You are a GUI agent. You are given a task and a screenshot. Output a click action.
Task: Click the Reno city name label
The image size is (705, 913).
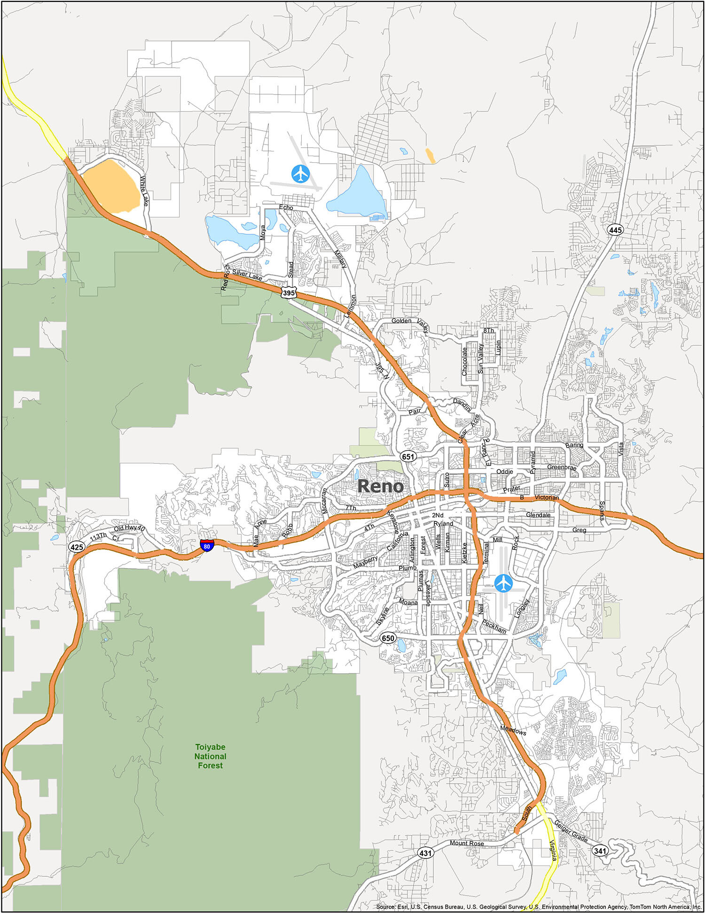point(380,486)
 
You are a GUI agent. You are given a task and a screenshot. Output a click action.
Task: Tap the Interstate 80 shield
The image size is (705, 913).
point(207,546)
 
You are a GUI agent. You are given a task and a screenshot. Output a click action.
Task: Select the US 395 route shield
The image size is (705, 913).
point(289,293)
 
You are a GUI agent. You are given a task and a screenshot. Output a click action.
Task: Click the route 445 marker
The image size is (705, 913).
point(615,230)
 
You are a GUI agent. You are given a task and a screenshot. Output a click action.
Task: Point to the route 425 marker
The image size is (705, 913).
point(77,547)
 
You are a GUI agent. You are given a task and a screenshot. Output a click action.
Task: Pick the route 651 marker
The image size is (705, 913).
point(408,456)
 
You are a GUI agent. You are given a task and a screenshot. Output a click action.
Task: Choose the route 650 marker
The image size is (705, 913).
point(388,638)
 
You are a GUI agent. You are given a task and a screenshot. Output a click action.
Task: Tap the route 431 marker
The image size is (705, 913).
point(425,853)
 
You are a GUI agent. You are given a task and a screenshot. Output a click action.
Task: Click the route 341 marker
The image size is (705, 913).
point(600,850)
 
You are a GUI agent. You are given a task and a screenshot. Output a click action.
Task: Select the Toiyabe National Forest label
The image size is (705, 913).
point(210,756)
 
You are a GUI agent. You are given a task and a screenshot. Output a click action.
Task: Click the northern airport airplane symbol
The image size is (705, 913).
point(300,174)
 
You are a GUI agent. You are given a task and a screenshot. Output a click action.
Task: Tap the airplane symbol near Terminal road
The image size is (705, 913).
point(503,583)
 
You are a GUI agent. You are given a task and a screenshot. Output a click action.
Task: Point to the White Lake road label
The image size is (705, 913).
point(144,191)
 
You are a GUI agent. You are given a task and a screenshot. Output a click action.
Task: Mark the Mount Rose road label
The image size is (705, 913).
point(467,843)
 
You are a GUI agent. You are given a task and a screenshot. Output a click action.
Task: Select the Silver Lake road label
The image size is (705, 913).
point(247,275)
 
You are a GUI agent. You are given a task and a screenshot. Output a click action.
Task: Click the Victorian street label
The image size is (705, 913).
point(547,497)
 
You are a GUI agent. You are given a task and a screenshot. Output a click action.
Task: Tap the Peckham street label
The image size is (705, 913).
point(494,627)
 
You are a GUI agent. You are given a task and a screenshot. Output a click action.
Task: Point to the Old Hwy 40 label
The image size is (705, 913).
point(129,528)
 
